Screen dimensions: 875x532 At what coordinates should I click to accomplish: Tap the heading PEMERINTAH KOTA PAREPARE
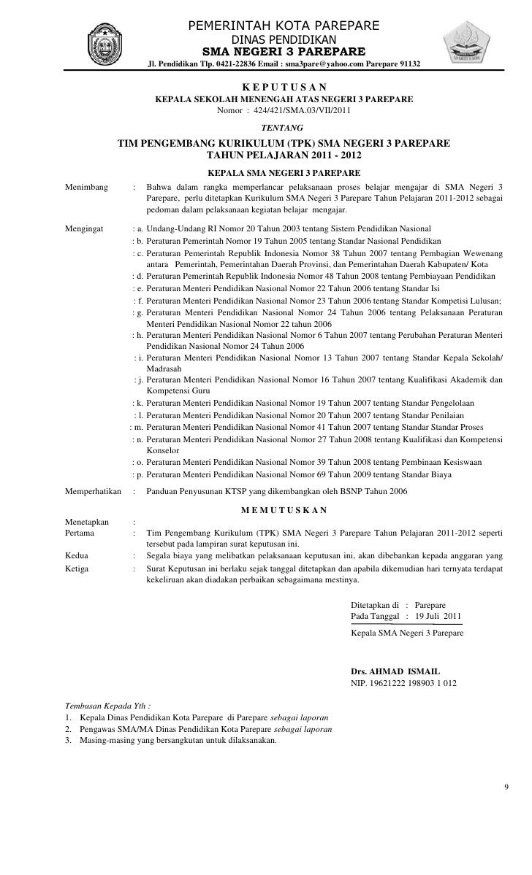coord(284,27)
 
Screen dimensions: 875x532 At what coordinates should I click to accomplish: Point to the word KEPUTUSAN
coord(284,88)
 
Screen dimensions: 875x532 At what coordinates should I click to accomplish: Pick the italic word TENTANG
coord(283,128)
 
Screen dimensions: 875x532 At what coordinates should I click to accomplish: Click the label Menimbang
coord(85,188)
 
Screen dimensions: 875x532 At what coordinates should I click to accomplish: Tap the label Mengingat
coord(84,228)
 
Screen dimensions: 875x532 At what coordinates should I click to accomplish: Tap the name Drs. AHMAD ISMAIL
coord(395,671)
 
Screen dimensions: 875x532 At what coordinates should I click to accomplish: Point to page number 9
coord(506,787)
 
